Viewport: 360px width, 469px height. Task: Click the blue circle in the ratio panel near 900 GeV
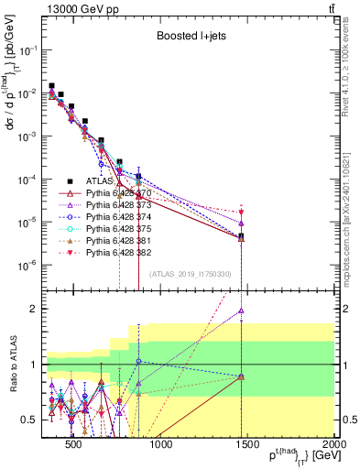tap(138, 362)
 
